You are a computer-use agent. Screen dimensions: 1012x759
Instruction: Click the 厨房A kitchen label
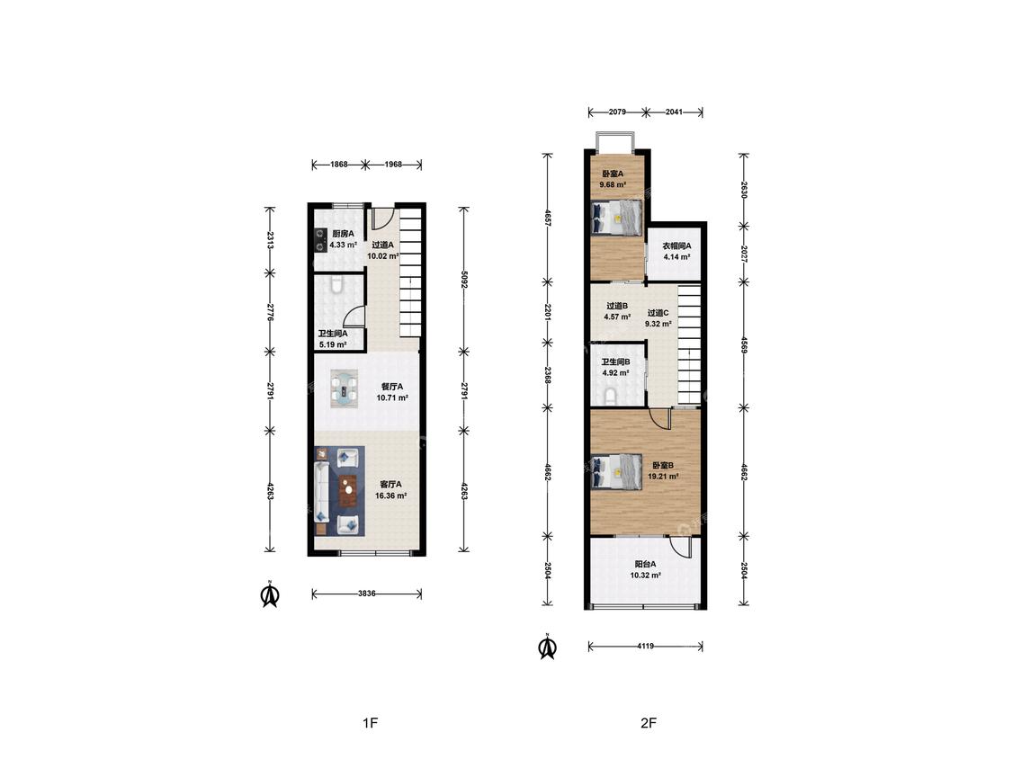click(343, 234)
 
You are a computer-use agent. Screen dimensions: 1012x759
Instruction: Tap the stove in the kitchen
click(320, 240)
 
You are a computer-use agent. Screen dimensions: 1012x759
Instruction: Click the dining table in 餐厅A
click(344, 388)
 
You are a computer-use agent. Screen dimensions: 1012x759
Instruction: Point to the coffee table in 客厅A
click(348, 490)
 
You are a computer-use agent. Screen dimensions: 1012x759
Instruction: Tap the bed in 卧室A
click(617, 218)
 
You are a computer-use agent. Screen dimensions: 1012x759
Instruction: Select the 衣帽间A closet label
click(677, 246)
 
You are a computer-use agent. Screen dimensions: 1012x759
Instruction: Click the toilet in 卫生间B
click(610, 395)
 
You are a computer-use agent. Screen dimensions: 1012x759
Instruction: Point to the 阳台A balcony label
click(645, 564)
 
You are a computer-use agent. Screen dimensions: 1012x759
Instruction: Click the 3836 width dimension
click(367, 594)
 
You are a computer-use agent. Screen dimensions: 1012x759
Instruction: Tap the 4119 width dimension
click(645, 646)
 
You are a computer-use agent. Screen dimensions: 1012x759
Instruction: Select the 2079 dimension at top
click(617, 112)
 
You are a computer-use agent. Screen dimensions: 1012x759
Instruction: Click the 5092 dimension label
click(463, 279)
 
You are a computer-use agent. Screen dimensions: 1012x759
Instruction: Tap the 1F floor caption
click(370, 723)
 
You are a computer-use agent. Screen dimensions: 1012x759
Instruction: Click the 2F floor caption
click(649, 723)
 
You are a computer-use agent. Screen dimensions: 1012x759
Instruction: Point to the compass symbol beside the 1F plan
click(270, 594)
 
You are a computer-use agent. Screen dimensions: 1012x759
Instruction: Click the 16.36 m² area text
click(390, 496)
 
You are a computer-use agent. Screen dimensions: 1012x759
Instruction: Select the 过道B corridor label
click(617, 306)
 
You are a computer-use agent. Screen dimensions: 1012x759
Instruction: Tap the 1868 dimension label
click(339, 164)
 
